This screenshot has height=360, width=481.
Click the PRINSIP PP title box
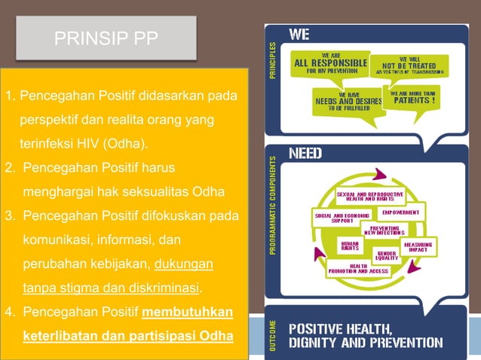106,38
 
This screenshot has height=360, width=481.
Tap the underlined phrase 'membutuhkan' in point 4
188,313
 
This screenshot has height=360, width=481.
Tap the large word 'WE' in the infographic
299,35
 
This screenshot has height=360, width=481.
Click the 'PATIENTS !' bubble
416,99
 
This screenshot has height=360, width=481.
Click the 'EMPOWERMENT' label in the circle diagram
417,212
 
